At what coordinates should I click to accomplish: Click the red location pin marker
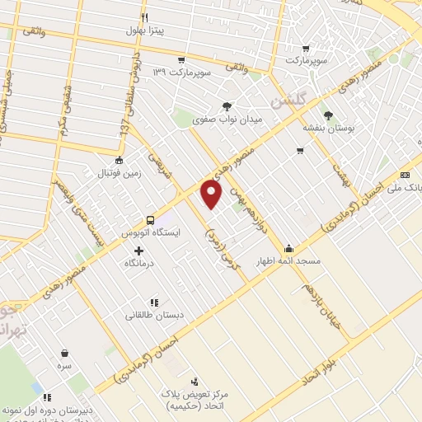pos(212,194)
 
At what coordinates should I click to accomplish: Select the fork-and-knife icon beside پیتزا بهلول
pos(145,17)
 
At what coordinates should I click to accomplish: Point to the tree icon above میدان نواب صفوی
pos(227,105)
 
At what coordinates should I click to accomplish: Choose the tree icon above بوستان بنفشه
pos(329,115)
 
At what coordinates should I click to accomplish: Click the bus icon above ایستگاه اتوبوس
pos(150,220)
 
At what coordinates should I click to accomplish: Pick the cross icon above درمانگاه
pos(138,250)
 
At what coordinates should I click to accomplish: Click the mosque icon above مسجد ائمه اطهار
pos(289,249)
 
